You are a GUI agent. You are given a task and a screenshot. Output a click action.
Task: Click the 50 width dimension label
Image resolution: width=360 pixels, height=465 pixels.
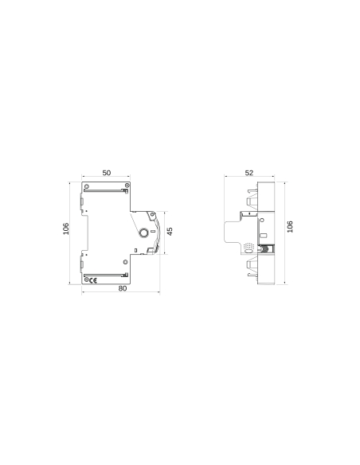coord(107,173)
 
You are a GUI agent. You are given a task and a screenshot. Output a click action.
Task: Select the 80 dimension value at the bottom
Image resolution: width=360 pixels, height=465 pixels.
coord(122,288)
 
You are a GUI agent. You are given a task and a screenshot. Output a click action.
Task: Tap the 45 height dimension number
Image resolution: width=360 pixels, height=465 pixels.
coord(170,231)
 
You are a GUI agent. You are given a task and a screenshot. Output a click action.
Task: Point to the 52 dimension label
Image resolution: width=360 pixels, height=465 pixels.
coord(249,173)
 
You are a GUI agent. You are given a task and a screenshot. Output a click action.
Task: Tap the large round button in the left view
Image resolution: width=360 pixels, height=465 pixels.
coord(144,233)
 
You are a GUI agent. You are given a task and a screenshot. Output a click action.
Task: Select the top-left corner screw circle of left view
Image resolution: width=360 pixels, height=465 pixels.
coord(86,186)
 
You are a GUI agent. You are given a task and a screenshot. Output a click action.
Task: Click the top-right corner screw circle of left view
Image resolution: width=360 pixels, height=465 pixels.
coord(127,186)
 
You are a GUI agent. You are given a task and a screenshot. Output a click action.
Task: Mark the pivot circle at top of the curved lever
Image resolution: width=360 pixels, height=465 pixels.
coord(149,216)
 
